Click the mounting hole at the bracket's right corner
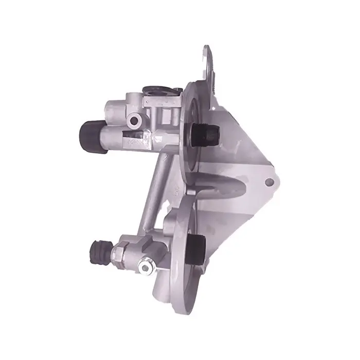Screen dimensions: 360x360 (269, 182)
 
